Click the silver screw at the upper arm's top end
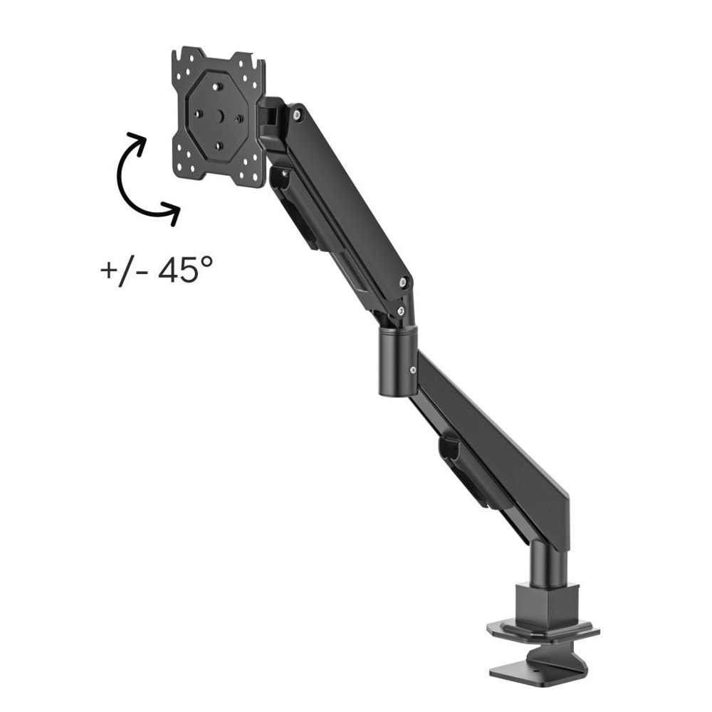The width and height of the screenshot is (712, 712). (296, 115)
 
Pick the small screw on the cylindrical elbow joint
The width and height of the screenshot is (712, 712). (412, 370)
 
